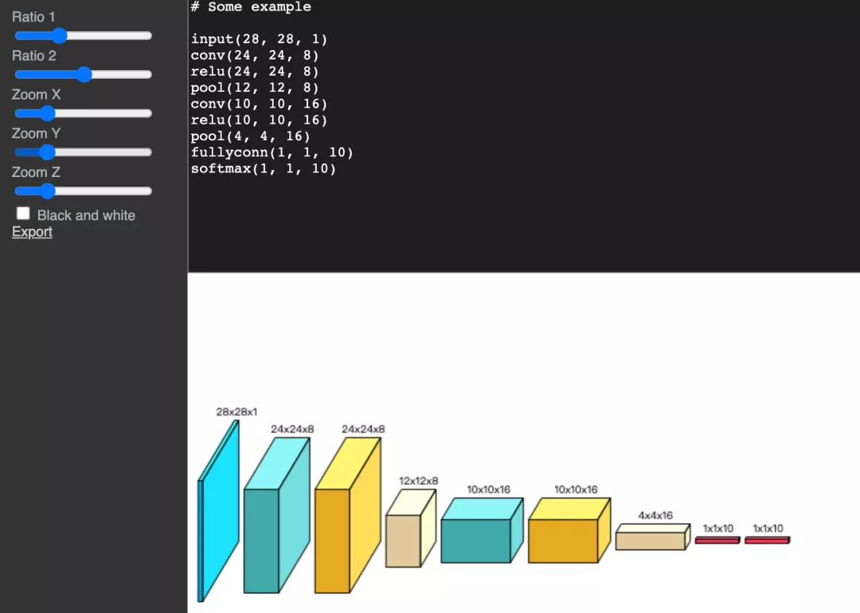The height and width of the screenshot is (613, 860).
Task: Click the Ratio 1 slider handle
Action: [x=59, y=36]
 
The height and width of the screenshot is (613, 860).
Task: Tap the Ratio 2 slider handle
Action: [x=84, y=74]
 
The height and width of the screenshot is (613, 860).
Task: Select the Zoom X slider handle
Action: [x=48, y=113]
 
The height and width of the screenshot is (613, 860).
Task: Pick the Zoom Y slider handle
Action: [x=48, y=152]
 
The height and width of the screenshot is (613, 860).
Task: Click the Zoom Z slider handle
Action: [x=48, y=191]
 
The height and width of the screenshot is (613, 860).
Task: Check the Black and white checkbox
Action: [x=23, y=214]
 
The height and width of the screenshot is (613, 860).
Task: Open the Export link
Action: [x=32, y=232]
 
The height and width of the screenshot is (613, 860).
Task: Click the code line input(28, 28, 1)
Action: [x=259, y=40]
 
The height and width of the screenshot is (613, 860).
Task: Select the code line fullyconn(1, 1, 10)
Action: [x=272, y=153]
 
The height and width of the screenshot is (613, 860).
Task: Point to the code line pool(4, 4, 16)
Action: [x=251, y=136]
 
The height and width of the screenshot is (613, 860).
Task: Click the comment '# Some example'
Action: [x=251, y=7]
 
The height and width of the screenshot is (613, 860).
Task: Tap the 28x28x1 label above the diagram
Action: [x=236, y=412]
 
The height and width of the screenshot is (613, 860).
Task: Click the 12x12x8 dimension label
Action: [x=419, y=481]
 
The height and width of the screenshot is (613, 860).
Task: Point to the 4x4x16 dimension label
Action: [x=655, y=516]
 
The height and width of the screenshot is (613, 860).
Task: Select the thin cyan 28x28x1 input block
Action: [x=218, y=511]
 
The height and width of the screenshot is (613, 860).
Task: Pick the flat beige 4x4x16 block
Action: [x=653, y=537]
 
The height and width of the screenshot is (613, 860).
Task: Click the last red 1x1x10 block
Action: [x=768, y=540]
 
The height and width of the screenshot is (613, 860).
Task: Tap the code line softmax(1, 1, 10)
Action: [x=264, y=169]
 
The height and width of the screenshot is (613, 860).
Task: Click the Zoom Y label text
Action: [x=36, y=133]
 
